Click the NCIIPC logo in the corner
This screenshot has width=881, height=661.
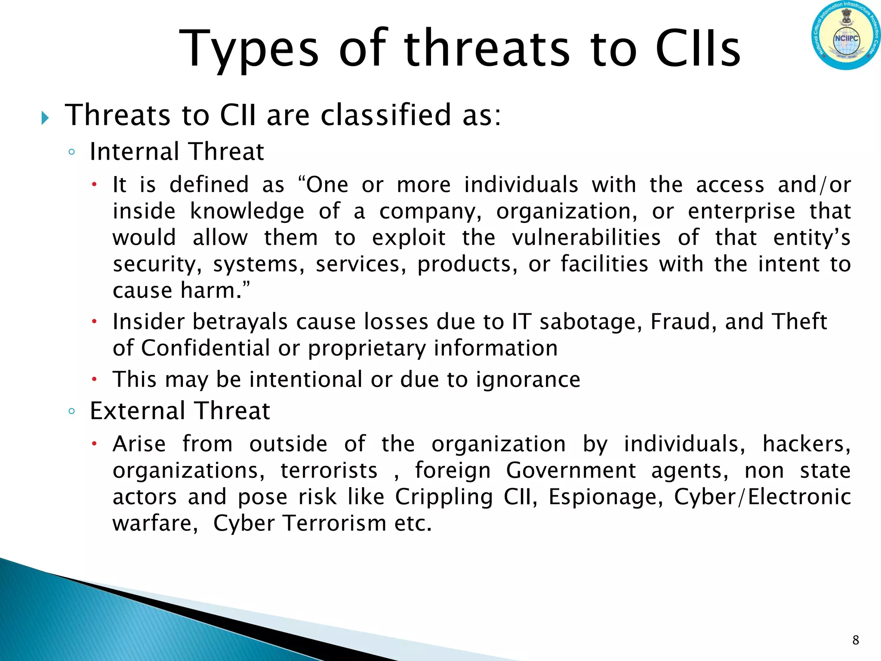846,35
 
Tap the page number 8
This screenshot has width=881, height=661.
855,640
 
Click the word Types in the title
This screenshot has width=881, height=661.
249,48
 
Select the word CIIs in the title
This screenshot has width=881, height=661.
698,48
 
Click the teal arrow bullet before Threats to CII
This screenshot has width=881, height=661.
45,117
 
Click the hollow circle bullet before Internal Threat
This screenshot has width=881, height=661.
72,152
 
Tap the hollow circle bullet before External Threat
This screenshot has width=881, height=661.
72,411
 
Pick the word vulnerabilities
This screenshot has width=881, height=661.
586,238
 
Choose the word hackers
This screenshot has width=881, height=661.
806,444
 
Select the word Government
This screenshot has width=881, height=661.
570,470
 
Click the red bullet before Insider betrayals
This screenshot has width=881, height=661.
95,321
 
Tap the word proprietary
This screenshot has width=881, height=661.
367,349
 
